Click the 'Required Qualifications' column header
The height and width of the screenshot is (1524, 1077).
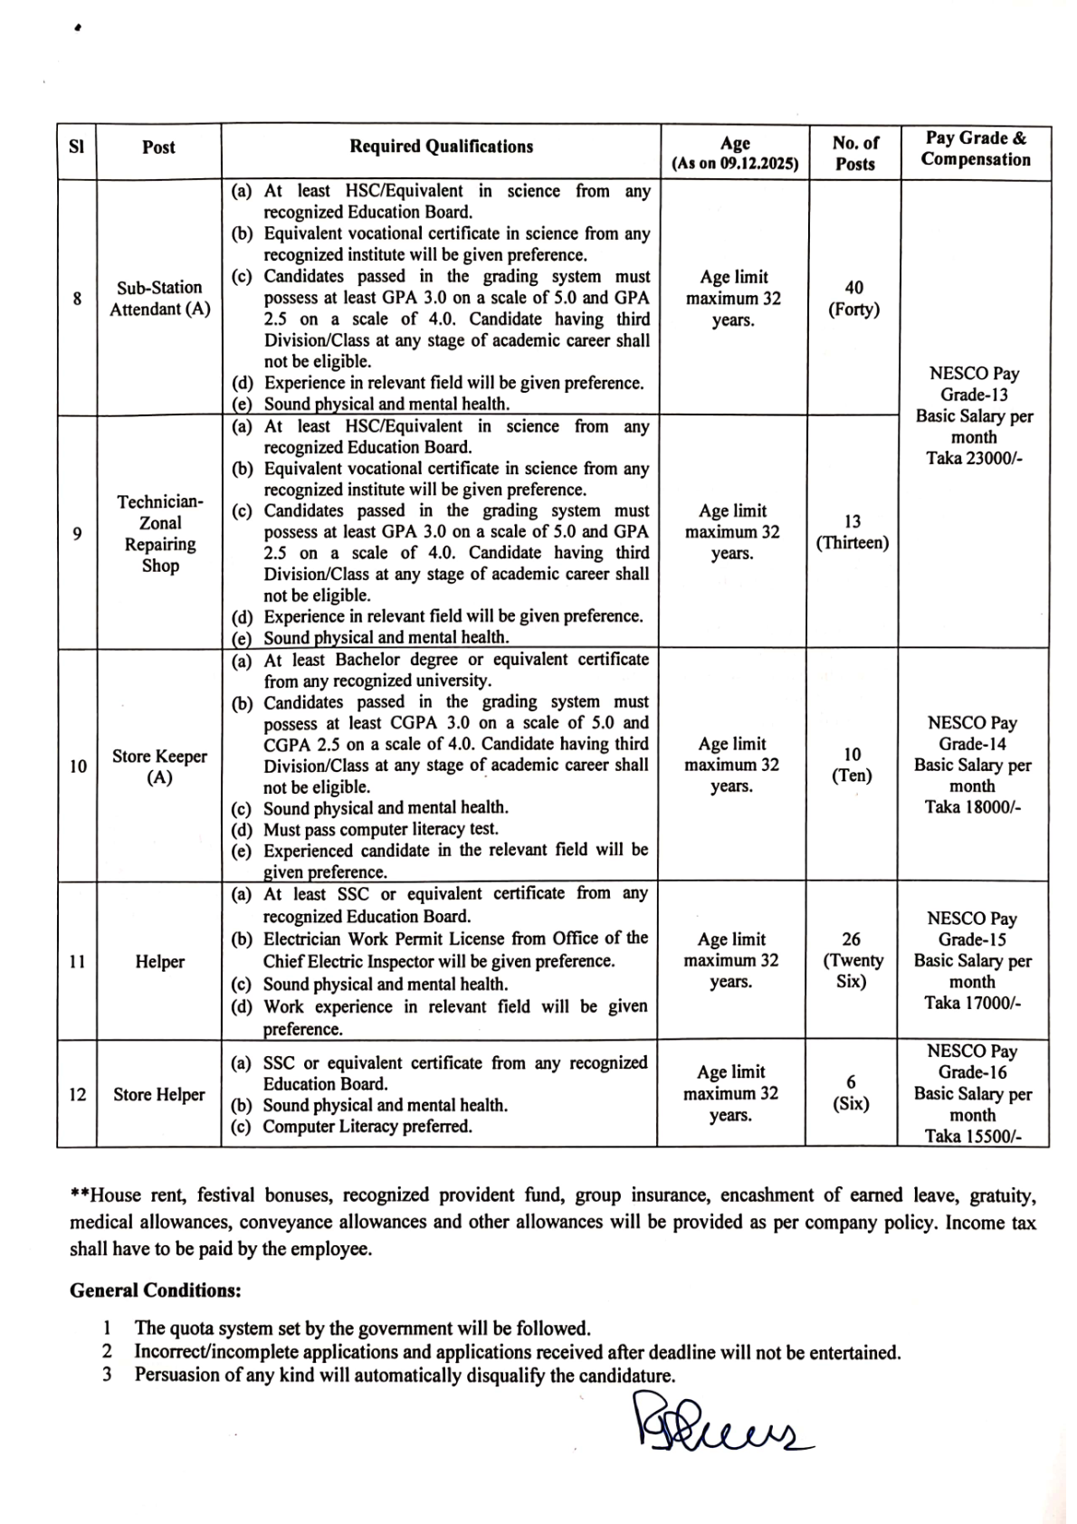click(x=441, y=147)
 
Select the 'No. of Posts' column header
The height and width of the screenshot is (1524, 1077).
click(x=854, y=153)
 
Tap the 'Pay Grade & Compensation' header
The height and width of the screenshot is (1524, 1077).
click(x=976, y=148)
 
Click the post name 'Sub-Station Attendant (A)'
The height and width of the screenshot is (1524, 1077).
click(x=159, y=298)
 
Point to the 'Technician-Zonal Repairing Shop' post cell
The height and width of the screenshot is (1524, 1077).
click(x=159, y=533)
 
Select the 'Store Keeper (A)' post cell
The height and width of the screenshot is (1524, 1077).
click(x=159, y=767)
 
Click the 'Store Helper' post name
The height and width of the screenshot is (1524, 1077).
click(x=159, y=1094)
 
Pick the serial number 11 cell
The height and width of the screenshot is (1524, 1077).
click(x=77, y=961)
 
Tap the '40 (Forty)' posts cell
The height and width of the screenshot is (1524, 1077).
click(x=853, y=299)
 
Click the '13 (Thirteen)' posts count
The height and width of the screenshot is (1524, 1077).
click(x=853, y=532)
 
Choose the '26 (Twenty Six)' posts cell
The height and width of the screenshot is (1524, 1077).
click(x=852, y=960)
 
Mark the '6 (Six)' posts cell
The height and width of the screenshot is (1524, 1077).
click(x=851, y=1093)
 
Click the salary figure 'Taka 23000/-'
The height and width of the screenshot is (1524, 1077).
click(x=974, y=458)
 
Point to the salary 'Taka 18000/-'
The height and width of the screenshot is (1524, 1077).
click(x=973, y=807)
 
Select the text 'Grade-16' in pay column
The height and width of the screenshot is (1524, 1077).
click(x=973, y=1072)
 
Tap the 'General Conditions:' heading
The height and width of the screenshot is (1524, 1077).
click(x=155, y=1291)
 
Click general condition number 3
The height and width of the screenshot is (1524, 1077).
click(x=405, y=1376)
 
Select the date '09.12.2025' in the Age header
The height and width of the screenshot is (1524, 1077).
click(x=758, y=165)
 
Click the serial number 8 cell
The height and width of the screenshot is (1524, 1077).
click(x=77, y=298)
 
